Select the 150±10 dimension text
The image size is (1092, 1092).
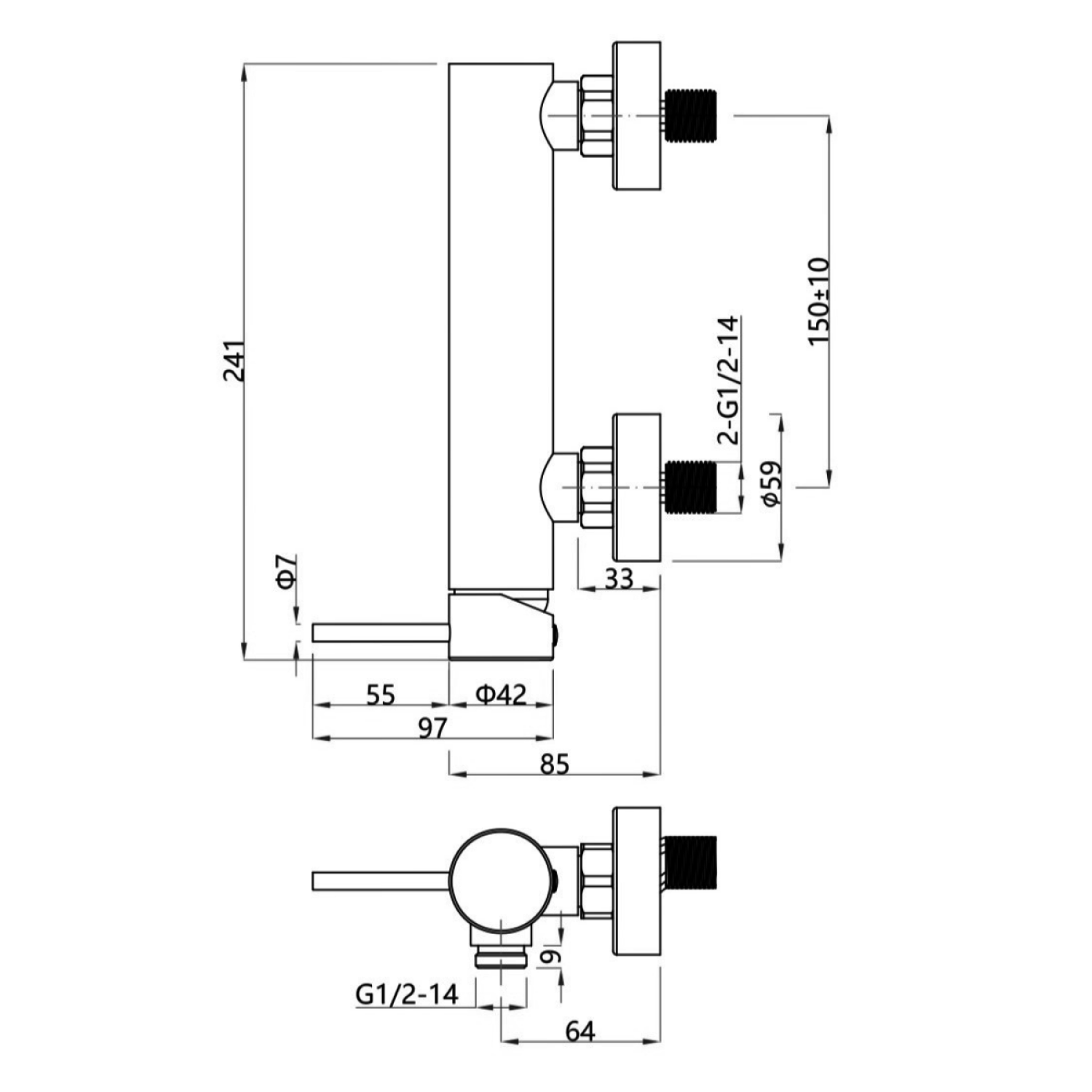820,301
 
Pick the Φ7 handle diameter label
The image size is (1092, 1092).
287,571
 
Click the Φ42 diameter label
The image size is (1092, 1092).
501,694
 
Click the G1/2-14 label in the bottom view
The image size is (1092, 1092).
408,993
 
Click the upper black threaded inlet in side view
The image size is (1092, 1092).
692,115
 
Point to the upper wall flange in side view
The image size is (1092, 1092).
637,116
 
